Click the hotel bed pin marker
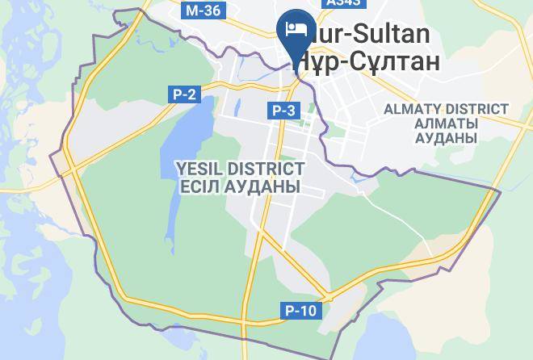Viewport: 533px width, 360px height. point(296,29)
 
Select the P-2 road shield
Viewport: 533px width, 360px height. point(184,94)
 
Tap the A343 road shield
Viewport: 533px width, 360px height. point(342,4)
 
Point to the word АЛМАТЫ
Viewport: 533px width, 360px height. point(445,123)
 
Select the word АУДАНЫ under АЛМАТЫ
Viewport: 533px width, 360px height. point(445,138)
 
